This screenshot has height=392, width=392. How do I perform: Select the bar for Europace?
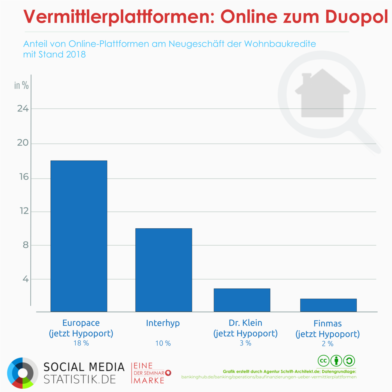(79, 236)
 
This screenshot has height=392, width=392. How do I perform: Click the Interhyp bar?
(164, 270)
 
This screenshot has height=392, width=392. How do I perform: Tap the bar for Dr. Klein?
(242, 300)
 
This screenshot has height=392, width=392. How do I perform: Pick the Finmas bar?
(328, 305)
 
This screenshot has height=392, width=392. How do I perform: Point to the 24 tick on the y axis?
(23, 109)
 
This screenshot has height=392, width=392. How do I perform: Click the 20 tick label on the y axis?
(23, 143)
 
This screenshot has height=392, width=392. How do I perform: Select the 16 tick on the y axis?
(24, 177)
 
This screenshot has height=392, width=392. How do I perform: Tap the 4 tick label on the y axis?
(26, 279)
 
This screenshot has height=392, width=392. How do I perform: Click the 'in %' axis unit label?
(21, 85)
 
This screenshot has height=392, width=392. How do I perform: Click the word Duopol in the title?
(356, 17)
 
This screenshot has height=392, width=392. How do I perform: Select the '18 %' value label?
(81, 343)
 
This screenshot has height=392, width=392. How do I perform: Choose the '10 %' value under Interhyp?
(163, 343)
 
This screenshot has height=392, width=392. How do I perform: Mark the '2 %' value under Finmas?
(327, 344)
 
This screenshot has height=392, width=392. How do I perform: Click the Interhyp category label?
(163, 323)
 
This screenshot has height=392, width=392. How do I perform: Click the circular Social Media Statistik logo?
(23, 373)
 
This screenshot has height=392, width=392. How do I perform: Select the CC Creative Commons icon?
(323, 361)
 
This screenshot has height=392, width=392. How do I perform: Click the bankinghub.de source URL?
(269, 377)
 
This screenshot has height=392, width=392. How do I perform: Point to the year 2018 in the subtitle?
(76, 54)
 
